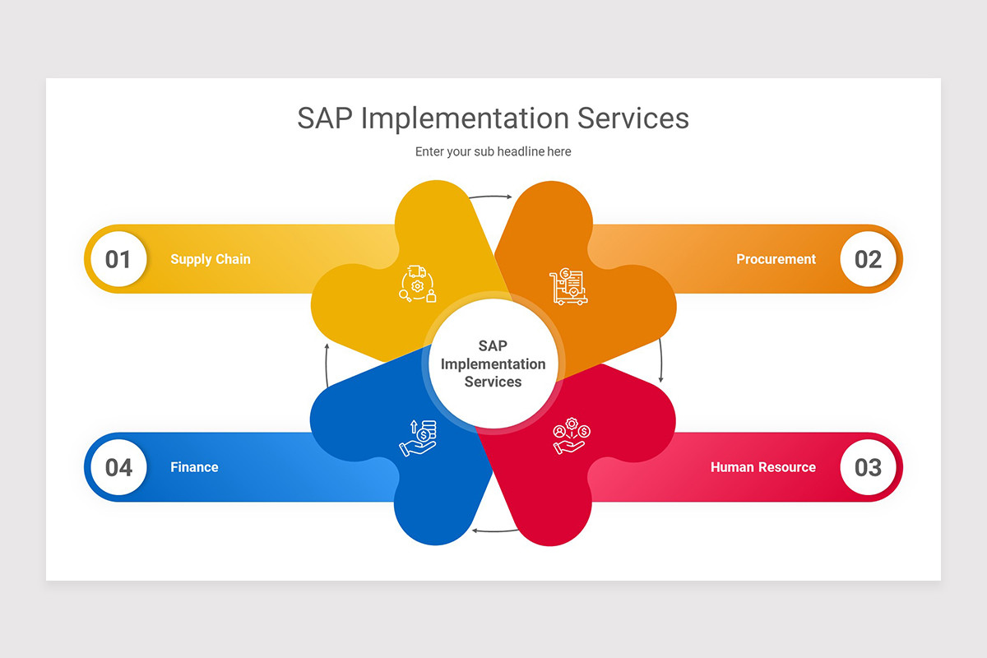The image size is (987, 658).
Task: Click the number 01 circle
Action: [x=118, y=259]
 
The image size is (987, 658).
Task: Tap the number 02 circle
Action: [x=868, y=259]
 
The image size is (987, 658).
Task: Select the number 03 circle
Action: [x=868, y=467]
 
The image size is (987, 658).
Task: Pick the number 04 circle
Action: [x=118, y=467]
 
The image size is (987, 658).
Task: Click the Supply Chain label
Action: [x=211, y=259]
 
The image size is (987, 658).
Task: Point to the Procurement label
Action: [x=776, y=259]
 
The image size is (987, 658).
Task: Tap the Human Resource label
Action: [x=763, y=467]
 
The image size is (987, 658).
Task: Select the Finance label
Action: [x=194, y=467]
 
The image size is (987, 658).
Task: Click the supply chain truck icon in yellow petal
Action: [x=418, y=284]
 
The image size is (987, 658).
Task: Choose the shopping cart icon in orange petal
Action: [x=568, y=286]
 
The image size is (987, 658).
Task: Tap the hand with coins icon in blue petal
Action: [x=418, y=438]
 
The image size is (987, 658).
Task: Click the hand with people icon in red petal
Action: [x=572, y=435]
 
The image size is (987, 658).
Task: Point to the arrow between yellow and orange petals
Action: [x=490, y=196]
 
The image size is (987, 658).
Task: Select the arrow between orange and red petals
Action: [x=661, y=359]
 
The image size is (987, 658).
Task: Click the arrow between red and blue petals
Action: [x=495, y=531]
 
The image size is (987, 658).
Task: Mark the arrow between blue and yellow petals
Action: [x=327, y=365]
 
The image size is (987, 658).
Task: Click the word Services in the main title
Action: [x=633, y=118]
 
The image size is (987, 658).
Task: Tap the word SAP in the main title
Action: [x=325, y=118]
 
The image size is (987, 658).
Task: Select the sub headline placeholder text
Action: [x=493, y=151]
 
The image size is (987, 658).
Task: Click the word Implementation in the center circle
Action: [x=493, y=364]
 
